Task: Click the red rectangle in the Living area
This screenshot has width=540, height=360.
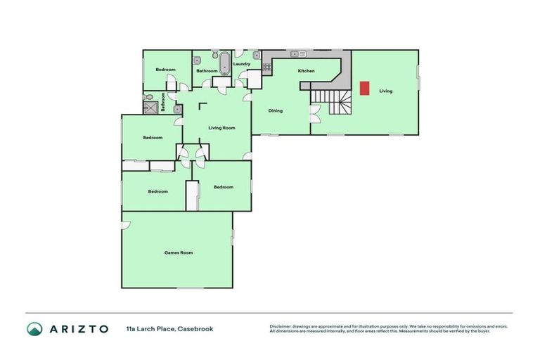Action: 364,88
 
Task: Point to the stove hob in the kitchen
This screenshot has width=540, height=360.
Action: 267,67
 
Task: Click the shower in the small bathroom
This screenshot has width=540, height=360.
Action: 150,108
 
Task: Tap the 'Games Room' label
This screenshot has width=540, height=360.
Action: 178,252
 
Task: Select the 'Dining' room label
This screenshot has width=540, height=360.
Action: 275,110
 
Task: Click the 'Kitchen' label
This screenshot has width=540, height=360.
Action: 306,71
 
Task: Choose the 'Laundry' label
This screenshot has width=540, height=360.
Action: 242,64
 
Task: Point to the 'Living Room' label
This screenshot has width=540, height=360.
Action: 221,127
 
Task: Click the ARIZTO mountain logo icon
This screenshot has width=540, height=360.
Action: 34,328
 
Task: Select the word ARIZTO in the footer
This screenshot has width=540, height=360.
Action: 79,328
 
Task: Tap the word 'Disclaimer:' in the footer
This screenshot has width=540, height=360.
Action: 281,326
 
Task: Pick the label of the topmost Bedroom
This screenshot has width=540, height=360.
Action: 165,70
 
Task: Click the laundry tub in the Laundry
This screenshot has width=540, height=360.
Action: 257,55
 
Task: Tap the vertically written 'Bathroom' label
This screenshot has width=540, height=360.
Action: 163,102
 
